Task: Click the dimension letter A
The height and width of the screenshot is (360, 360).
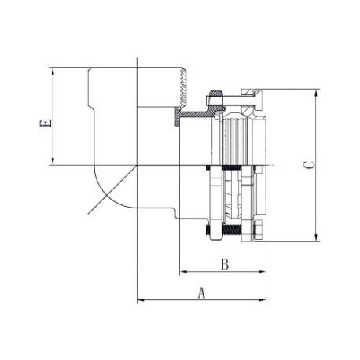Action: [x=201, y=293]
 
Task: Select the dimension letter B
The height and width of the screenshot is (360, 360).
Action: [x=225, y=264]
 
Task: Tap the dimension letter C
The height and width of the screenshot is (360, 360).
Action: [x=309, y=165]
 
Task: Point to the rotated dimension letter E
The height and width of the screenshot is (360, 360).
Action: [x=45, y=123]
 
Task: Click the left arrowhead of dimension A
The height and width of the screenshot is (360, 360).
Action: [x=141, y=299]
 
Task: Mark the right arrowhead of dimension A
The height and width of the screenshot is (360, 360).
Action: [x=263, y=299]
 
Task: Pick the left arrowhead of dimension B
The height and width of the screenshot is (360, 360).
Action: [x=183, y=272]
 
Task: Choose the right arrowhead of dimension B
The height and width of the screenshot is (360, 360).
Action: [x=263, y=272]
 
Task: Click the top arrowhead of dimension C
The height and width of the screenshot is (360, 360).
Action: [x=317, y=94]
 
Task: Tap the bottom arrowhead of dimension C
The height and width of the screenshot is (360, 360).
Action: [x=317, y=237]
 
